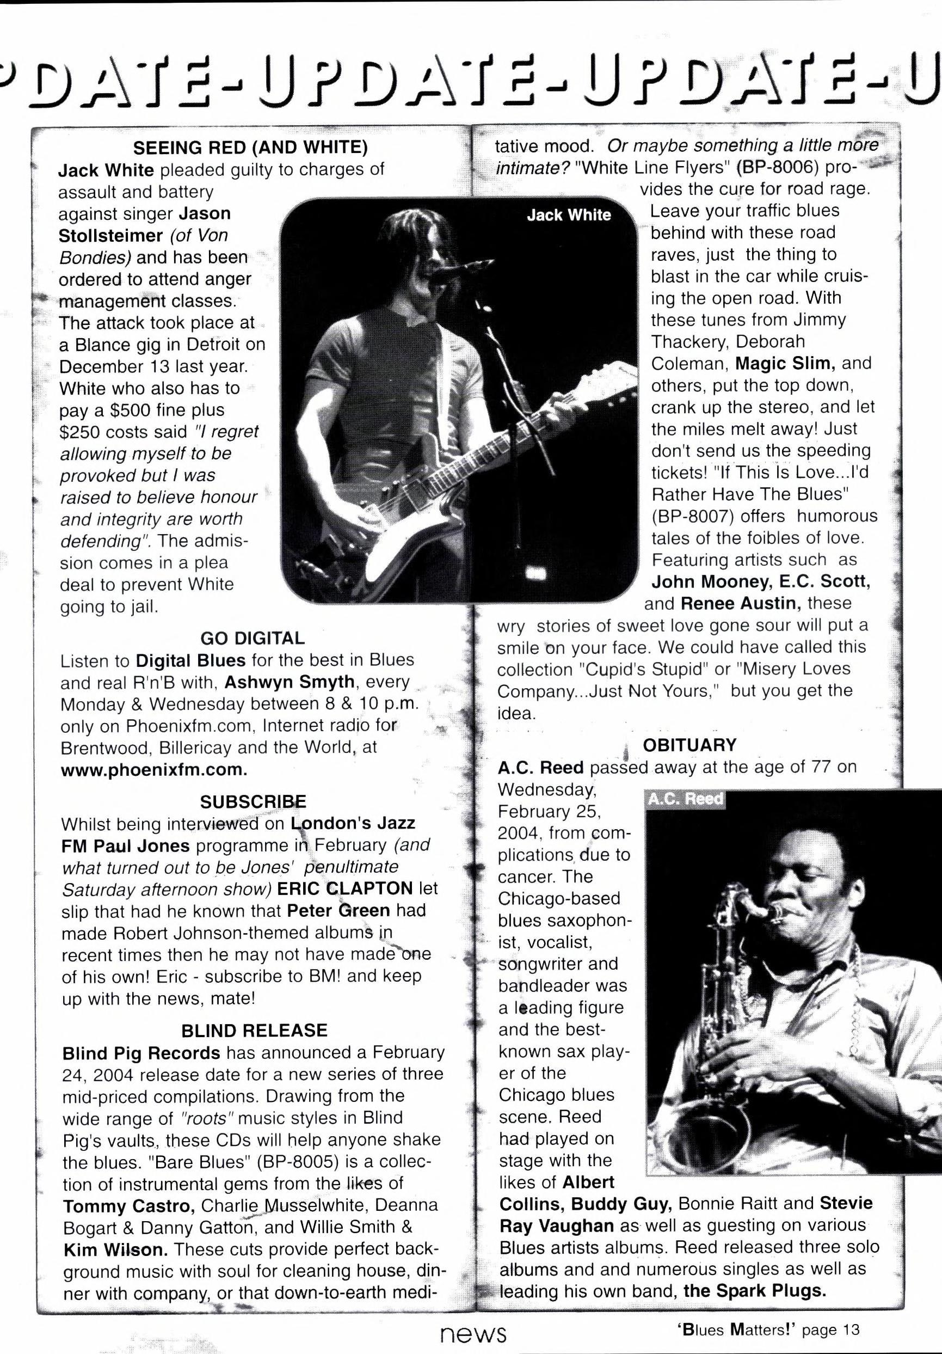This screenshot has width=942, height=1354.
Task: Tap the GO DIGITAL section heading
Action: tap(253, 638)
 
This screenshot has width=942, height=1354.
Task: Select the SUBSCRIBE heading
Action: tap(253, 801)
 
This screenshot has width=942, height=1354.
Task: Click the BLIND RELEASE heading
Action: tap(254, 1030)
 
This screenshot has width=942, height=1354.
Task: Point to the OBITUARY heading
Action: tap(689, 745)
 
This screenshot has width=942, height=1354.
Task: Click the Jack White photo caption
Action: tap(569, 215)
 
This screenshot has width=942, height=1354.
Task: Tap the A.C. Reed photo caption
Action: tap(685, 799)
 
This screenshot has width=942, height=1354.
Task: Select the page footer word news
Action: tap(473, 1331)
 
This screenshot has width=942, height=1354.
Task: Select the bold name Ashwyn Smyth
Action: tap(290, 682)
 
